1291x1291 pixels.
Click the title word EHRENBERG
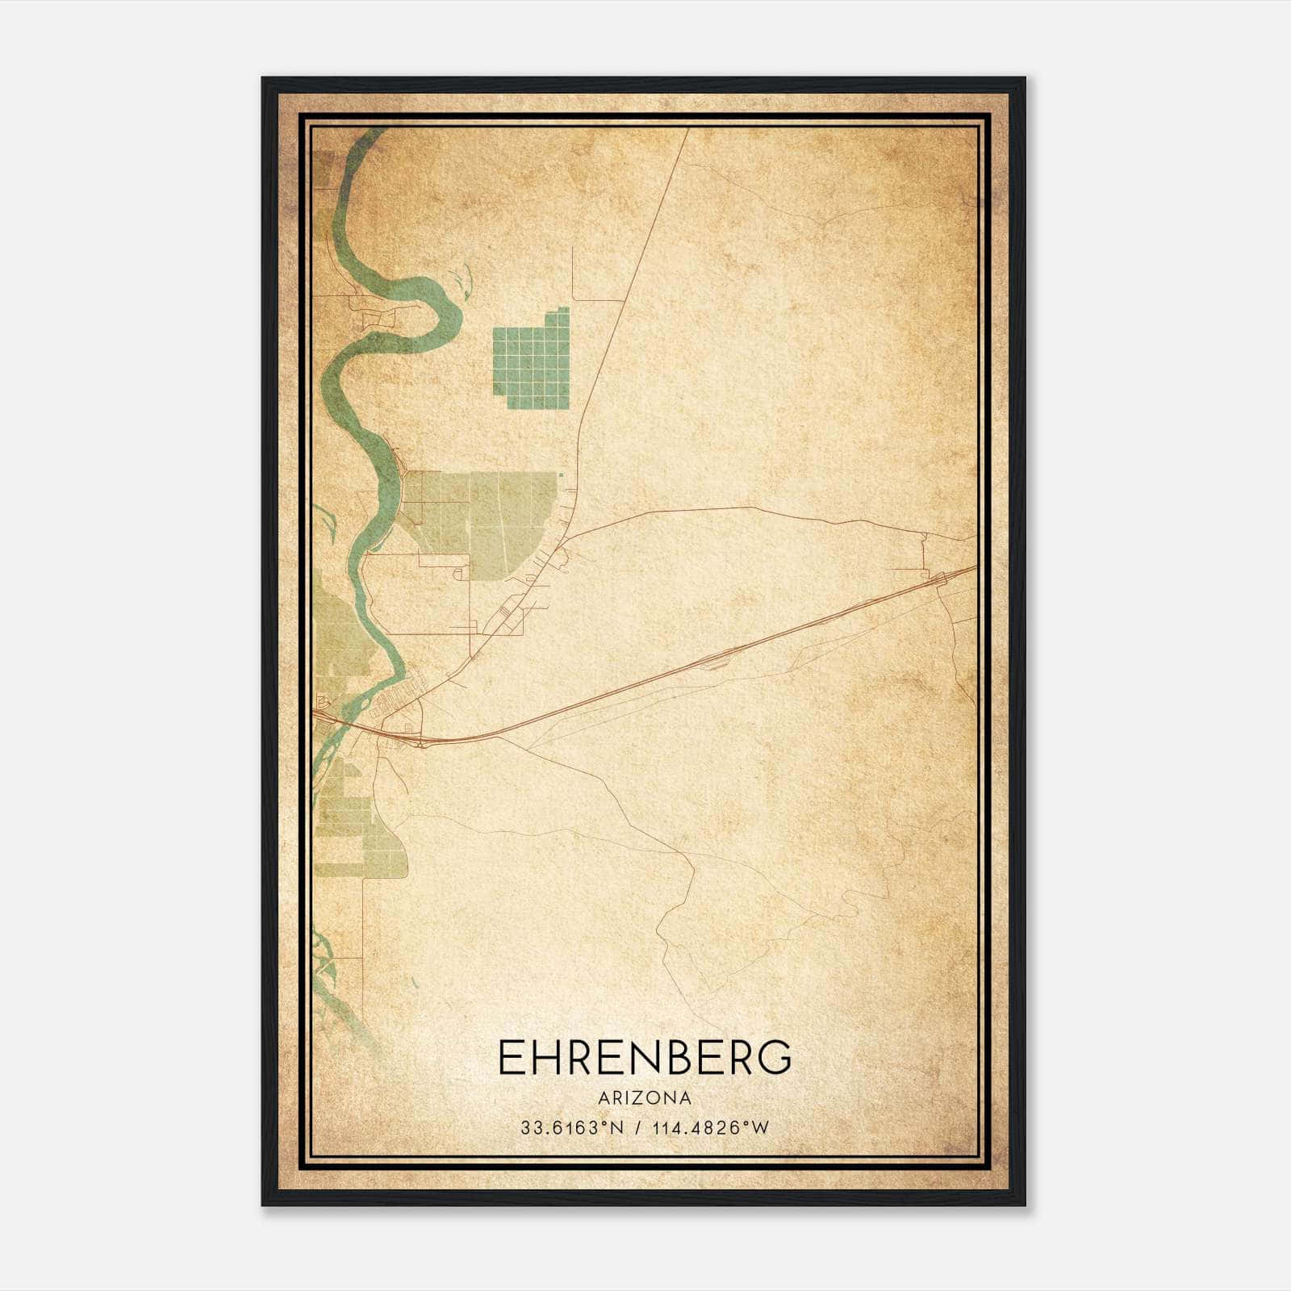pos(645,1058)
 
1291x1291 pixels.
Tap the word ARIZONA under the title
pos(645,1098)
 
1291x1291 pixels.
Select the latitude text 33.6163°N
pos(572,1128)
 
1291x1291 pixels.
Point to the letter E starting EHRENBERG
pos(510,1058)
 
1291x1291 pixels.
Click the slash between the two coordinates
pos(637,1128)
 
